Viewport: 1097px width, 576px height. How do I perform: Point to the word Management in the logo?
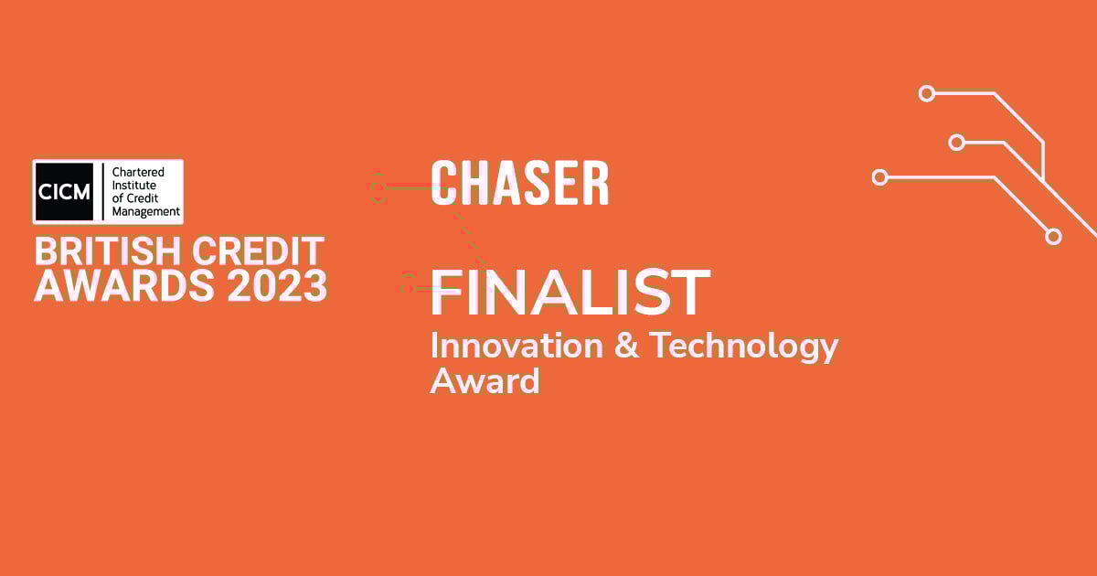pos(146,212)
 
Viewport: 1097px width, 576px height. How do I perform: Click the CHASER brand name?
pos(519,184)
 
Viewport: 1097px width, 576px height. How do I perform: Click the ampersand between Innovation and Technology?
pos(626,347)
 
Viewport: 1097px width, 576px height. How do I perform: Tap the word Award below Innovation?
pos(485,380)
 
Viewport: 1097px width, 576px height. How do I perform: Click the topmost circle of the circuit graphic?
pos(927,92)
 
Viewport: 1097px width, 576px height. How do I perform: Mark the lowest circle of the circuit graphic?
pos(1053,236)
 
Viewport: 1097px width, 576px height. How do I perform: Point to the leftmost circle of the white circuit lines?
pos(880,177)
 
